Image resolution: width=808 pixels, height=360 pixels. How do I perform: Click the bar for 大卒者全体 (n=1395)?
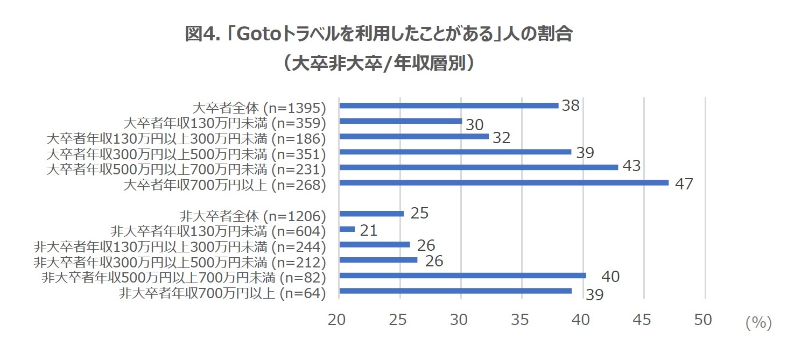448,105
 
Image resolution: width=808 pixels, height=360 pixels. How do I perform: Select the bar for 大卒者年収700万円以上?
503,182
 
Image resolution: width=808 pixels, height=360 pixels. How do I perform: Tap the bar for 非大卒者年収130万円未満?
347,229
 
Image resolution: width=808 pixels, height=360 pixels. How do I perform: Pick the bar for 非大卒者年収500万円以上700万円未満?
462,276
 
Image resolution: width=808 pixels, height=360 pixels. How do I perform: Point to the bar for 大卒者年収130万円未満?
401,121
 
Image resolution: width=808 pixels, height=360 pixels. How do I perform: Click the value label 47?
684,183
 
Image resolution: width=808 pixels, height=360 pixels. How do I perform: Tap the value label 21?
369,231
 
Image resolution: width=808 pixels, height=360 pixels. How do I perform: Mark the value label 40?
610,277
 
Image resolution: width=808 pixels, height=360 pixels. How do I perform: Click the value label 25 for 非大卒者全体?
419,214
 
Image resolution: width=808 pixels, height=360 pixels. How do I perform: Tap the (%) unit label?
758,322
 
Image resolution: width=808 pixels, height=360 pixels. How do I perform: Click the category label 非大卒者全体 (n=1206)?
253,217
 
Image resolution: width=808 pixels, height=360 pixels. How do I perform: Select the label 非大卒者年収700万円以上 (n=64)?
222,293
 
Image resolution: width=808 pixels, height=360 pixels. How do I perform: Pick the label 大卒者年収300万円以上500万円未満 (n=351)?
187,154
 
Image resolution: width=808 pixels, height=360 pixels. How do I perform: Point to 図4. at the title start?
203,34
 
